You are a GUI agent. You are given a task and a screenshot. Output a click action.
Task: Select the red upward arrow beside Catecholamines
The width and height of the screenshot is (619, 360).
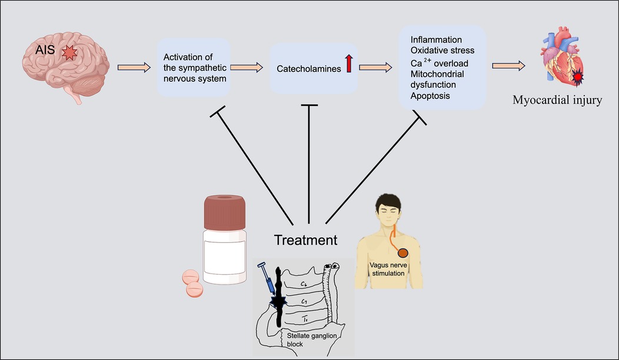(x=348, y=63)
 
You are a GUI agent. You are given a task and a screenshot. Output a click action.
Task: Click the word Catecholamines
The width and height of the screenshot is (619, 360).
(x=308, y=69)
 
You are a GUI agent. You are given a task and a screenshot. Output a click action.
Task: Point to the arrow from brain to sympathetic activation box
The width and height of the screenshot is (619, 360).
(x=134, y=68)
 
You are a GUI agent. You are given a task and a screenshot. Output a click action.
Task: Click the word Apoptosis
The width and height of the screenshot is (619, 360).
(x=430, y=95)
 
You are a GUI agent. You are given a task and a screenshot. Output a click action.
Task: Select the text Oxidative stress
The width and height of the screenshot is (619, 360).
(x=442, y=51)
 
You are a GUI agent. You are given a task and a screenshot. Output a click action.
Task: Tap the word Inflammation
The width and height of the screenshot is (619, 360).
(x=436, y=39)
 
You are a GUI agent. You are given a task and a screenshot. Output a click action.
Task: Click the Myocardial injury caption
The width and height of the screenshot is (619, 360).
(x=557, y=100)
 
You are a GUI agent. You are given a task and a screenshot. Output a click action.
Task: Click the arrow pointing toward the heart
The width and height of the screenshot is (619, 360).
(x=509, y=65)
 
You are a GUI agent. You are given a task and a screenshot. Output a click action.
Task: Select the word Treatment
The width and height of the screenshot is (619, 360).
(x=305, y=239)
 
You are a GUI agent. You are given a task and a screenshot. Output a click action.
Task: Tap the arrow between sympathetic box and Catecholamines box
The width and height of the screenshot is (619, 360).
(x=247, y=68)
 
